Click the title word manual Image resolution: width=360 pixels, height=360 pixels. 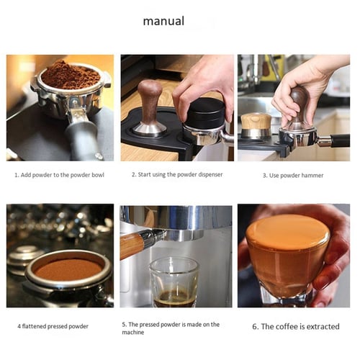click(x=163, y=21)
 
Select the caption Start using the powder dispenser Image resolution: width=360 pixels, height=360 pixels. click(x=177, y=174)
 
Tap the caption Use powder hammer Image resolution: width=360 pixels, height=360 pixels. click(x=292, y=175)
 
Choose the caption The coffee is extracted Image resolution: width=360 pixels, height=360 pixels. click(x=295, y=326)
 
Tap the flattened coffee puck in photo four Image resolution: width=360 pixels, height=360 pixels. click(x=69, y=269)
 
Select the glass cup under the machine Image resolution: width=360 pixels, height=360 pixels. click(x=174, y=282)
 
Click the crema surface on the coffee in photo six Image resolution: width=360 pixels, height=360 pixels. click(x=287, y=233)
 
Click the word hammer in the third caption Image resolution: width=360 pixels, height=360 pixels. click(x=311, y=175)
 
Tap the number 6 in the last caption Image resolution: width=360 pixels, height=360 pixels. click(x=255, y=326)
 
